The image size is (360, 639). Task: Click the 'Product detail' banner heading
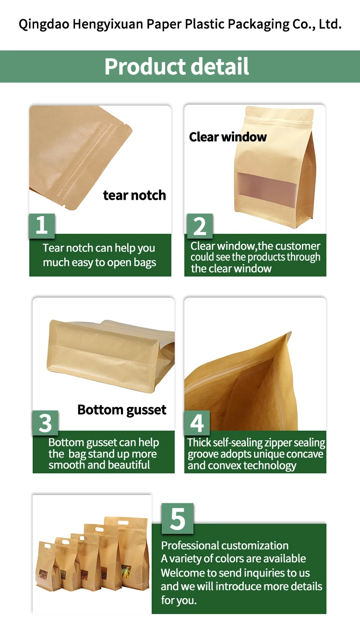coord(177,67)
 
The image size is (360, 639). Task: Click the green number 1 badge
coord(42,225)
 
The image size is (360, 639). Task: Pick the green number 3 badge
coord(45,423)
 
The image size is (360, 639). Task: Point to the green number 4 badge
coord(197,423)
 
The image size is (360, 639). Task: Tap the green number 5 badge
coord(177,518)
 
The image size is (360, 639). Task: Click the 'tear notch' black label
coord(134,195)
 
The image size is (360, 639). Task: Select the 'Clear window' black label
coord(228,137)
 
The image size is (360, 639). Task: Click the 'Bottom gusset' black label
coord(121,410)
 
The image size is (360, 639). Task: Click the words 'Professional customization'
coord(225,545)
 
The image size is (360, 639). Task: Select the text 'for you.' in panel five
coord(179,600)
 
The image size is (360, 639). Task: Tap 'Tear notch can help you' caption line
coord(99,248)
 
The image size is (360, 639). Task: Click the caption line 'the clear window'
coord(231,268)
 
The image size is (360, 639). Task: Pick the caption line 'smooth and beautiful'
coord(99,465)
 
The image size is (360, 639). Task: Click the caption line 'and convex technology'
coord(242,465)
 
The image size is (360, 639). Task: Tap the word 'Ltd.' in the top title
coord(330,24)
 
